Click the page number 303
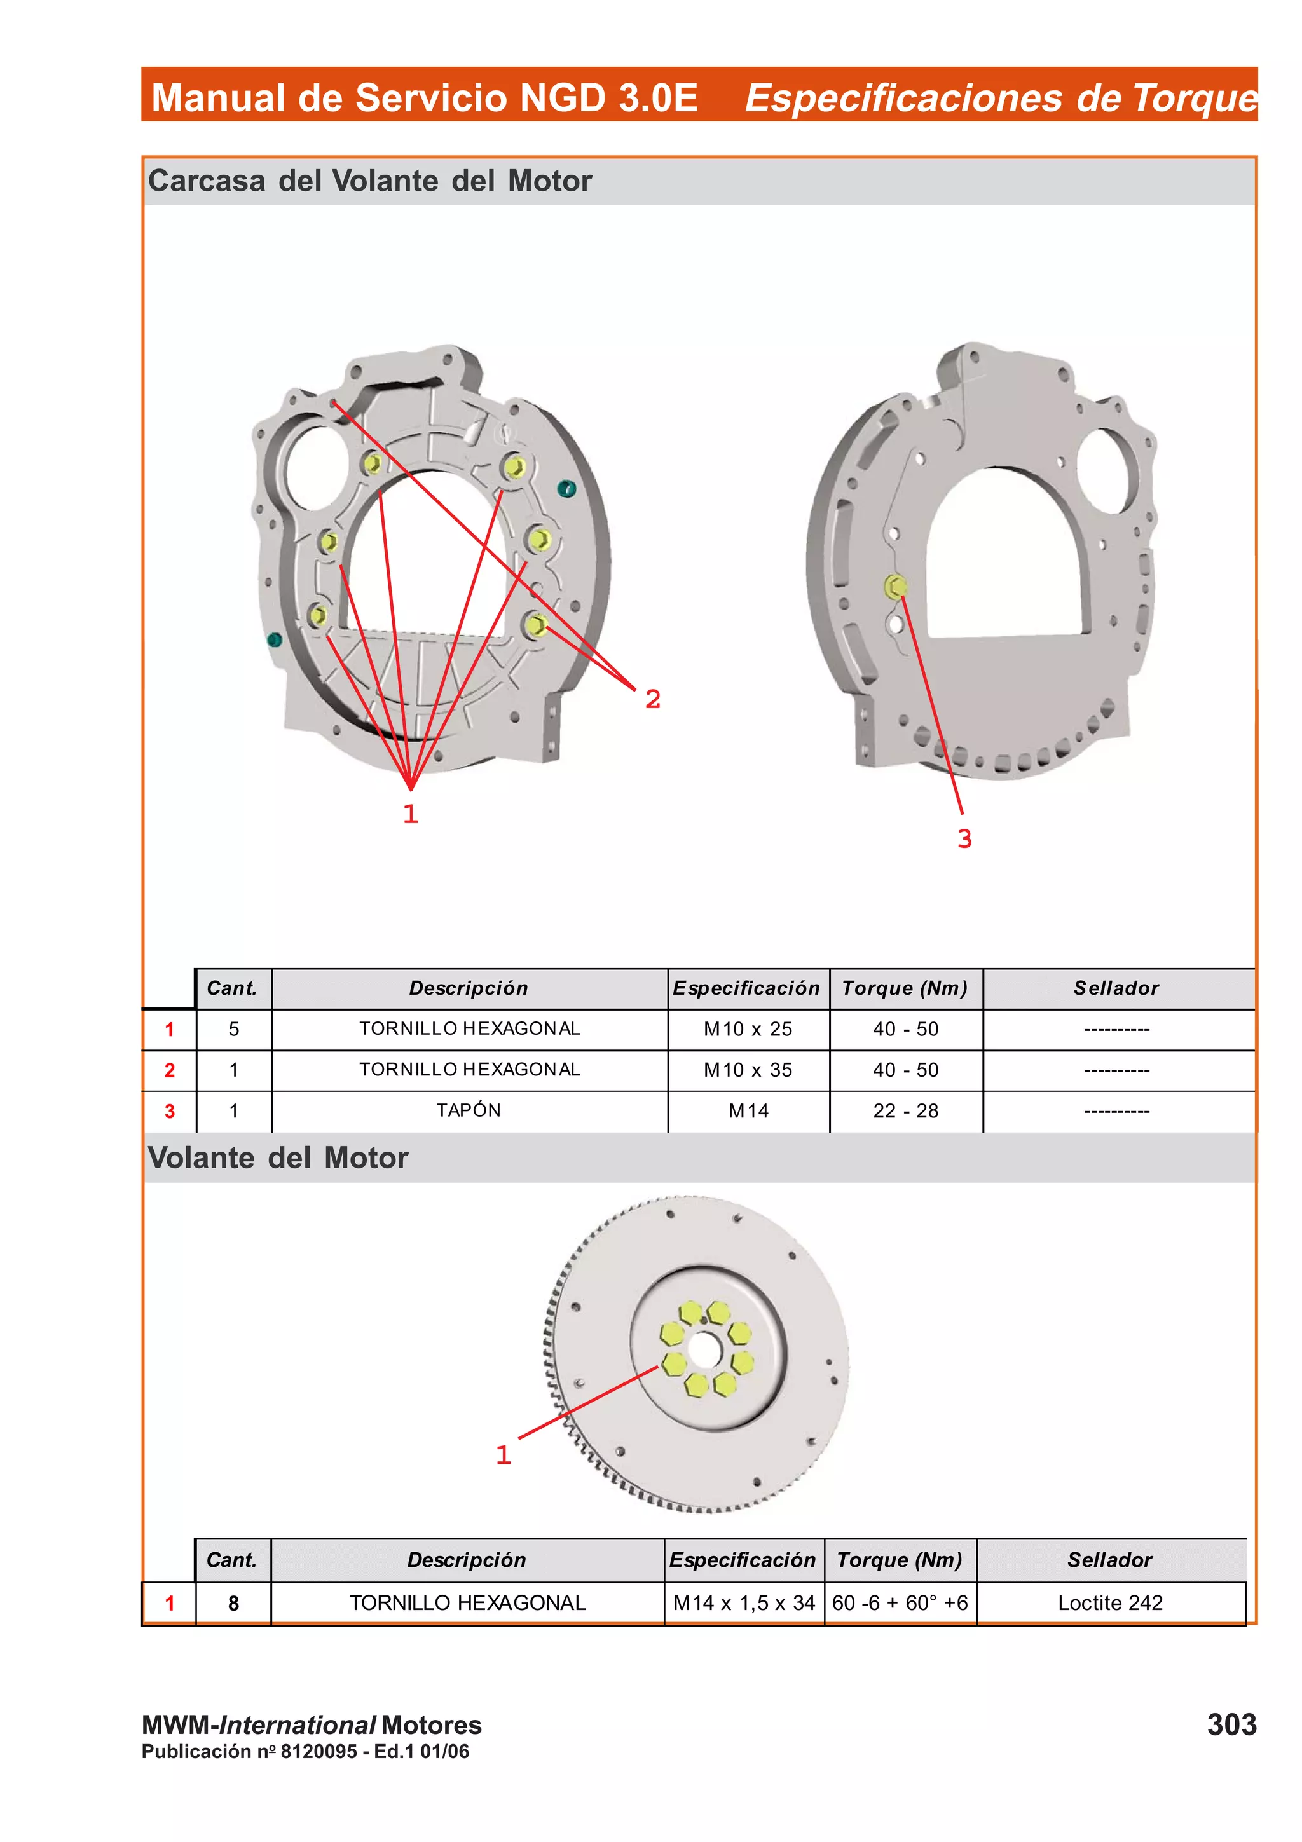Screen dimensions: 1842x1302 pyautogui.click(x=1231, y=1724)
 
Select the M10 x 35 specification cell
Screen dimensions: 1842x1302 pyautogui.click(x=748, y=1070)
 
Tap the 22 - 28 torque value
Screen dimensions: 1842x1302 pyautogui.click(x=906, y=1111)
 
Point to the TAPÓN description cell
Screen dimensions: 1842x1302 pyautogui.click(x=469, y=1110)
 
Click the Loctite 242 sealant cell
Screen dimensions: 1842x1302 pyautogui.click(x=1110, y=1603)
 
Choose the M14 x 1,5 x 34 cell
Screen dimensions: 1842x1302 pyautogui.click(x=744, y=1603)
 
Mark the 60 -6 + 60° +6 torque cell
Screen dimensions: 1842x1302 pyautogui.click(x=900, y=1603)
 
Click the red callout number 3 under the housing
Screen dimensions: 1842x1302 pyautogui.click(x=964, y=839)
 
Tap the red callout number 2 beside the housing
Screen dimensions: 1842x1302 pyautogui.click(x=653, y=699)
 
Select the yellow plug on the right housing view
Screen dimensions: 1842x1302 pyautogui.click(x=895, y=587)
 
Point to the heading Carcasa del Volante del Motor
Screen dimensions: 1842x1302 pyautogui.click(x=370, y=181)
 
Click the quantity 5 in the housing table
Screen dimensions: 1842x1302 pyautogui.click(x=233, y=1029)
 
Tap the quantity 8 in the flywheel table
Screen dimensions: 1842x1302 pyautogui.click(x=233, y=1603)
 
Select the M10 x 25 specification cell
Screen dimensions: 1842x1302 pyautogui.click(x=748, y=1029)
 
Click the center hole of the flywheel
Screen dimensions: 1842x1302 pyautogui.click(x=704, y=1352)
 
